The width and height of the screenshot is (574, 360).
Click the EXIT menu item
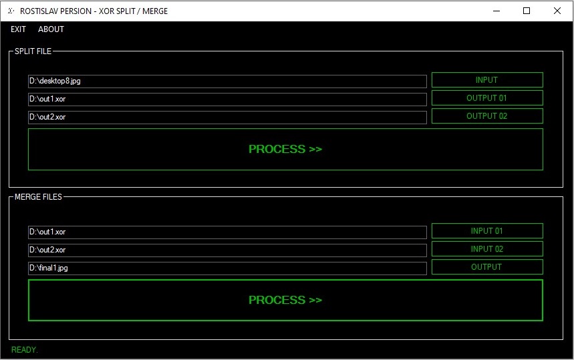click(18, 29)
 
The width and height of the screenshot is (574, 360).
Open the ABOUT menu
click(51, 29)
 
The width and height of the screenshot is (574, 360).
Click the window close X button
click(557, 11)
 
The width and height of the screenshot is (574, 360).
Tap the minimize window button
click(496, 11)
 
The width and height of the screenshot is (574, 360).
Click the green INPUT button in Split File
click(487, 79)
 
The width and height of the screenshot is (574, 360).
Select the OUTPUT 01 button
click(487, 98)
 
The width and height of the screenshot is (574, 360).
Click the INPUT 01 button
click(487, 231)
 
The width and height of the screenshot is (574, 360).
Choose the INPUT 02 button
click(487, 248)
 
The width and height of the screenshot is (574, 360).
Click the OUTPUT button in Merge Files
click(487, 266)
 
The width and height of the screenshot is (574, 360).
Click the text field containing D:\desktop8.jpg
click(227, 81)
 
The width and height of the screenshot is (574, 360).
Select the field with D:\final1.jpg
click(227, 268)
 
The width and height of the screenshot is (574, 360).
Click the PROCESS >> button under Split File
click(285, 149)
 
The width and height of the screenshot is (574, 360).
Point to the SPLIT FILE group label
click(33, 51)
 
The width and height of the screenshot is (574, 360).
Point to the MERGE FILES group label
click(39, 197)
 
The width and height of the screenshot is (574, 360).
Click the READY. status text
click(25, 350)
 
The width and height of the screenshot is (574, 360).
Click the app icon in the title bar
click(11, 11)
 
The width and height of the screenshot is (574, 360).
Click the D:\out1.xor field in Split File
click(227, 99)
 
